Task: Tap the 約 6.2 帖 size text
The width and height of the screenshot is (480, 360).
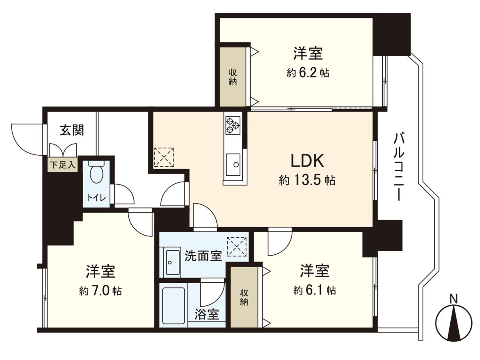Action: [x=308, y=73]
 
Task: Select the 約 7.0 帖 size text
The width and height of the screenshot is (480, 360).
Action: [x=100, y=291]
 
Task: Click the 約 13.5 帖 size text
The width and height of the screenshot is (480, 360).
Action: [x=307, y=180]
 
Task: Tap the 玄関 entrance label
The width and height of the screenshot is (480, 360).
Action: [x=72, y=130]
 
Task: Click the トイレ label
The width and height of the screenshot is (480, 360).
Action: [x=96, y=197]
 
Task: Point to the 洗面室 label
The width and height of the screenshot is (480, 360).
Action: [x=203, y=256]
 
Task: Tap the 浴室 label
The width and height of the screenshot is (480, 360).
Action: [x=207, y=314]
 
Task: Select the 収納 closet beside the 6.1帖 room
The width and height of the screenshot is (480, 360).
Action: [x=244, y=297]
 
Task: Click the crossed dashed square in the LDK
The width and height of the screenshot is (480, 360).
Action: [x=164, y=157]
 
